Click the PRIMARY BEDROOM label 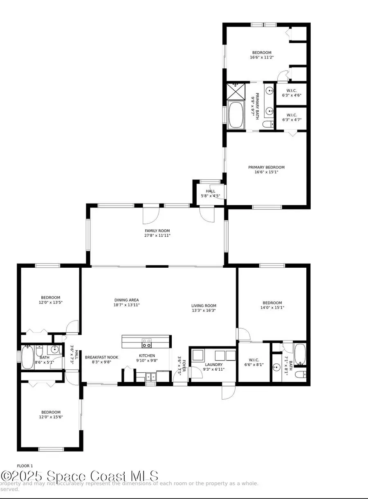click(266, 167)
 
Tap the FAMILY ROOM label click(157, 231)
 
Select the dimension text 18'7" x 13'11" click(127, 305)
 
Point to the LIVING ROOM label click(204, 305)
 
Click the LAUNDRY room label click(213, 365)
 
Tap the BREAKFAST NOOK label click(101, 357)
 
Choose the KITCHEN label click(146, 356)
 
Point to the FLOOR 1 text click(25, 465)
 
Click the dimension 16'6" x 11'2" click(262, 58)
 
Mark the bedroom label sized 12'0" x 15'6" click(51, 412)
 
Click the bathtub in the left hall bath click(27, 358)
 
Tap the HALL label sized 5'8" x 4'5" click(210, 191)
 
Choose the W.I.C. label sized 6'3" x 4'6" click(291, 90)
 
